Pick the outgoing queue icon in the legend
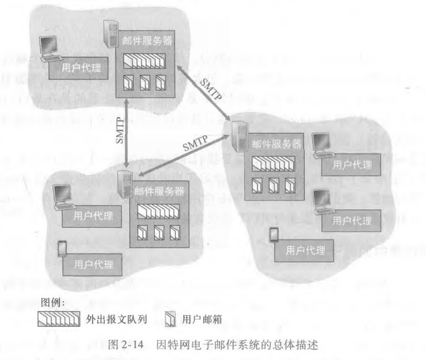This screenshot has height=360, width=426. pos(58,319)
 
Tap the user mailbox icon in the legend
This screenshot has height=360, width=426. pos(170,319)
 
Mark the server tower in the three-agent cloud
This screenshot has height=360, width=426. pos(237,132)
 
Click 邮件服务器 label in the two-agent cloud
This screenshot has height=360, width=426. pos(159,191)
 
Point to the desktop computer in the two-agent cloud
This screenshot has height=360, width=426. pos(62,197)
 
